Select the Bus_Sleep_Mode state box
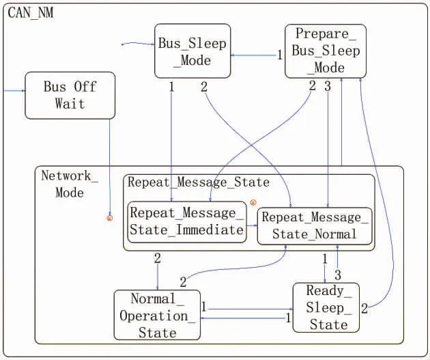click(183, 51)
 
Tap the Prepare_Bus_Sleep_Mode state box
click(325, 51)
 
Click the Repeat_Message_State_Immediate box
click(187, 221)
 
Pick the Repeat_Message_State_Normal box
click(315, 225)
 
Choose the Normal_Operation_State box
click(157, 315)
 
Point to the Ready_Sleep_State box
click(326, 308)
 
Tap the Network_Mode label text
click(69, 184)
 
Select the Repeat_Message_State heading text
click(199, 182)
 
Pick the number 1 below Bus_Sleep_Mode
click(171, 87)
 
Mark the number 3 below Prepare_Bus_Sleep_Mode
click(328, 86)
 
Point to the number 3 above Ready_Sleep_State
click(337, 274)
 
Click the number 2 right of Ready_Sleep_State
click(364, 308)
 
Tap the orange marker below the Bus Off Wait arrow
click(109, 217)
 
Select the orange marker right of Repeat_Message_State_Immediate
click(253, 202)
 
